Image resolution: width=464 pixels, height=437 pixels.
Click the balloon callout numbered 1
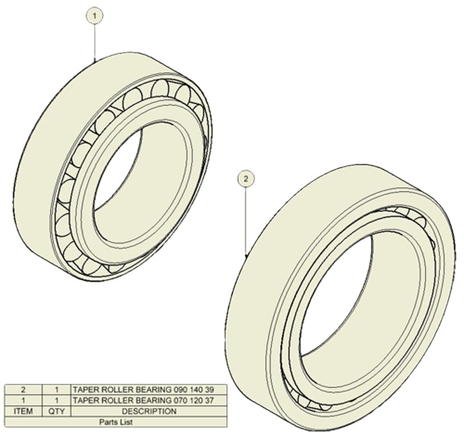point(95,16)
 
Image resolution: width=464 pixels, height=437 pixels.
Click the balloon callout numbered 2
point(245,179)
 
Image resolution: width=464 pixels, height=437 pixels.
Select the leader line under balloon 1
point(95,42)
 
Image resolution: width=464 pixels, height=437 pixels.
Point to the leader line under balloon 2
point(245,221)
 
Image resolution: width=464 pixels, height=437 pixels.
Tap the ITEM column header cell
point(23,411)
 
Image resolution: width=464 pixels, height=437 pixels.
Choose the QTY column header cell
point(56,411)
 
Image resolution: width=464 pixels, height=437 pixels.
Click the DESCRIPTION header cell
point(149,411)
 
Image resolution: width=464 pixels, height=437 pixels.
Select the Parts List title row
point(116,422)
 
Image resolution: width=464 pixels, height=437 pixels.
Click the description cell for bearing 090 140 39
point(149,390)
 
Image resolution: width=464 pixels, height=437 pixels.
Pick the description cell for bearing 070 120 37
point(149,401)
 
